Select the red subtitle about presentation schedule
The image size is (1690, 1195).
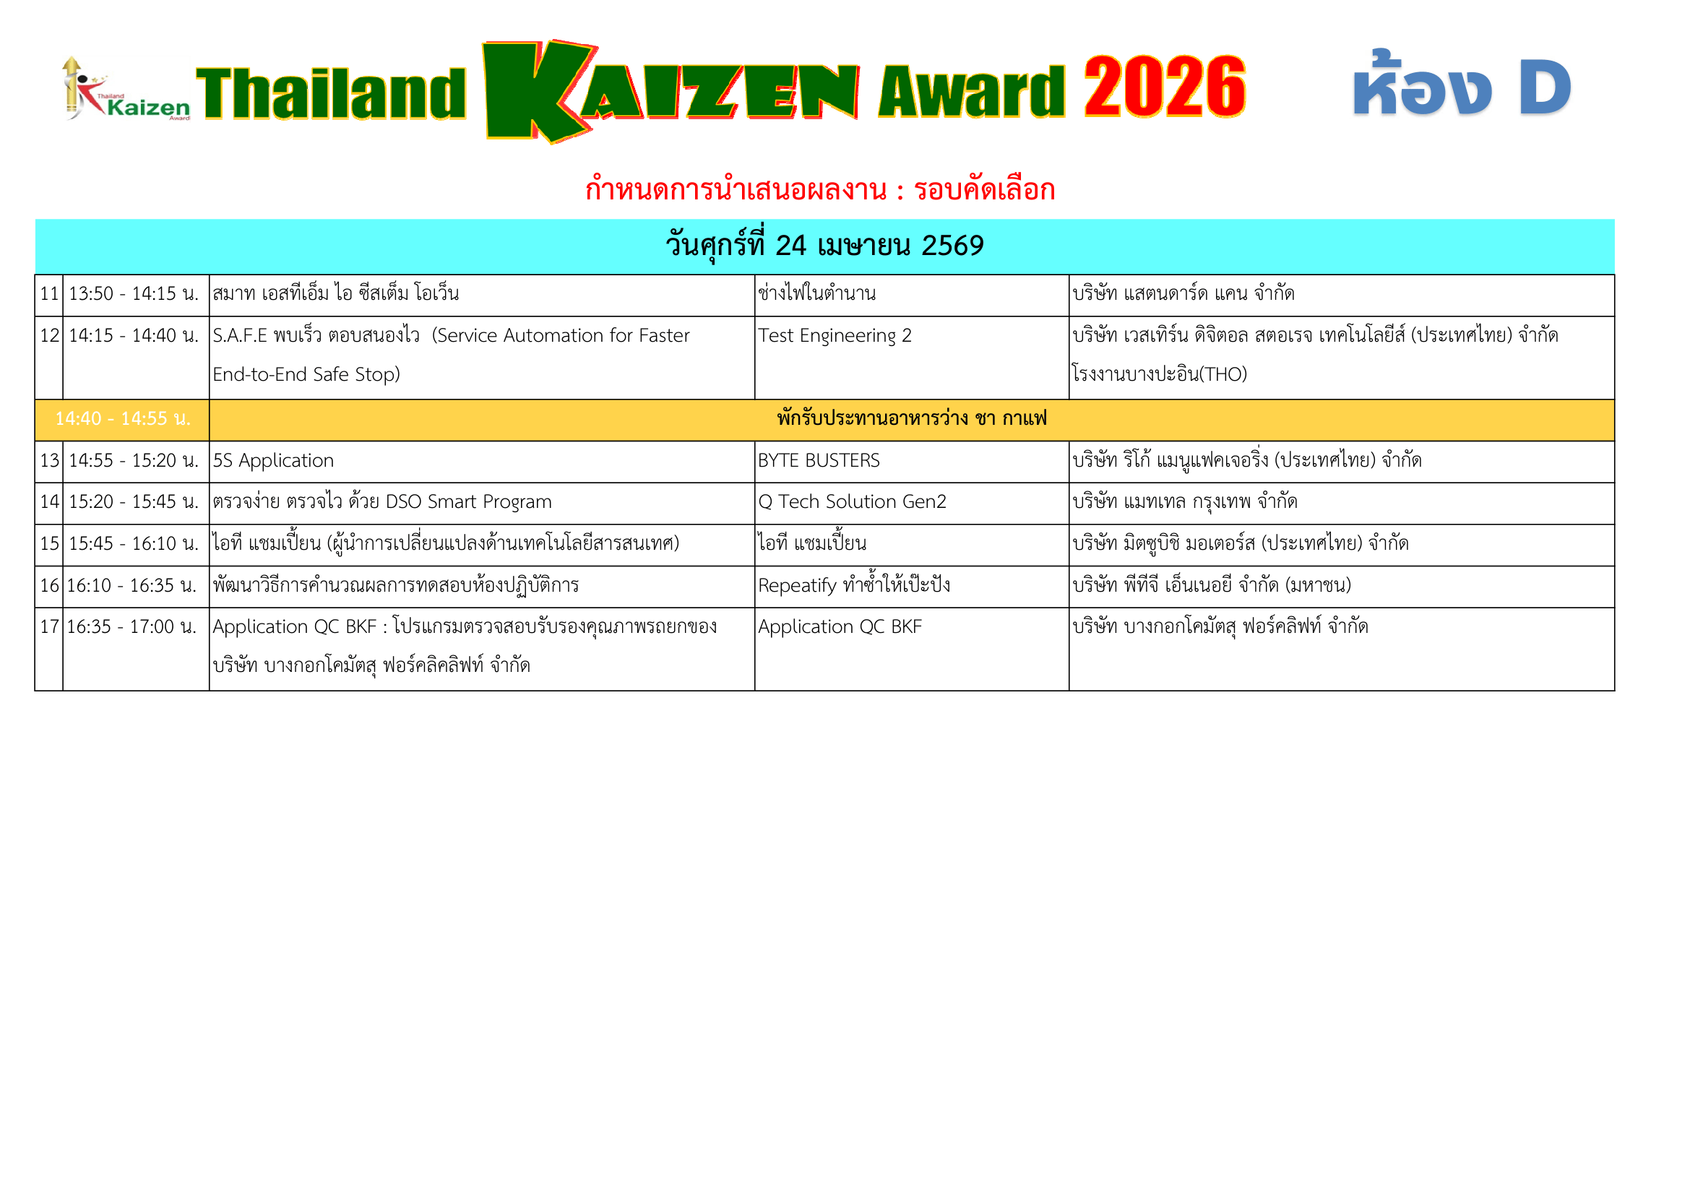[x=820, y=190]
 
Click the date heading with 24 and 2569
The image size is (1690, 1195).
[x=824, y=246]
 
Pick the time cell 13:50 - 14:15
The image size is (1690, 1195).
[x=134, y=293]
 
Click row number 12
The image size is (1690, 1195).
[x=49, y=335]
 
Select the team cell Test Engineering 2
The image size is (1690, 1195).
[x=835, y=335]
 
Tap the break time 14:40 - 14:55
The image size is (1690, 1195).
[x=123, y=419]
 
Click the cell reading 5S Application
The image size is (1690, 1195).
[x=273, y=461]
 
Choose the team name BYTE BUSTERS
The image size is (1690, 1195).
[x=819, y=461]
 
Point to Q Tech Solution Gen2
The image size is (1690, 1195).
[x=852, y=502]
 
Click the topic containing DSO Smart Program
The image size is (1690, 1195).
[x=382, y=502]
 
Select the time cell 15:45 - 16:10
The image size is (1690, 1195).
[x=134, y=544]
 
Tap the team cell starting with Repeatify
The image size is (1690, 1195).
[x=854, y=586]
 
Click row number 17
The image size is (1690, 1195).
[x=49, y=627]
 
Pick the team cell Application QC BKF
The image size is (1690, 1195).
[x=840, y=627]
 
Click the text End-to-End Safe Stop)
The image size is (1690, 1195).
[x=306, y=374]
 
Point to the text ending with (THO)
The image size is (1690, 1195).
[x=1159, y=374]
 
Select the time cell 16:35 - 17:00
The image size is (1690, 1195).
[x=132, y=627]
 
